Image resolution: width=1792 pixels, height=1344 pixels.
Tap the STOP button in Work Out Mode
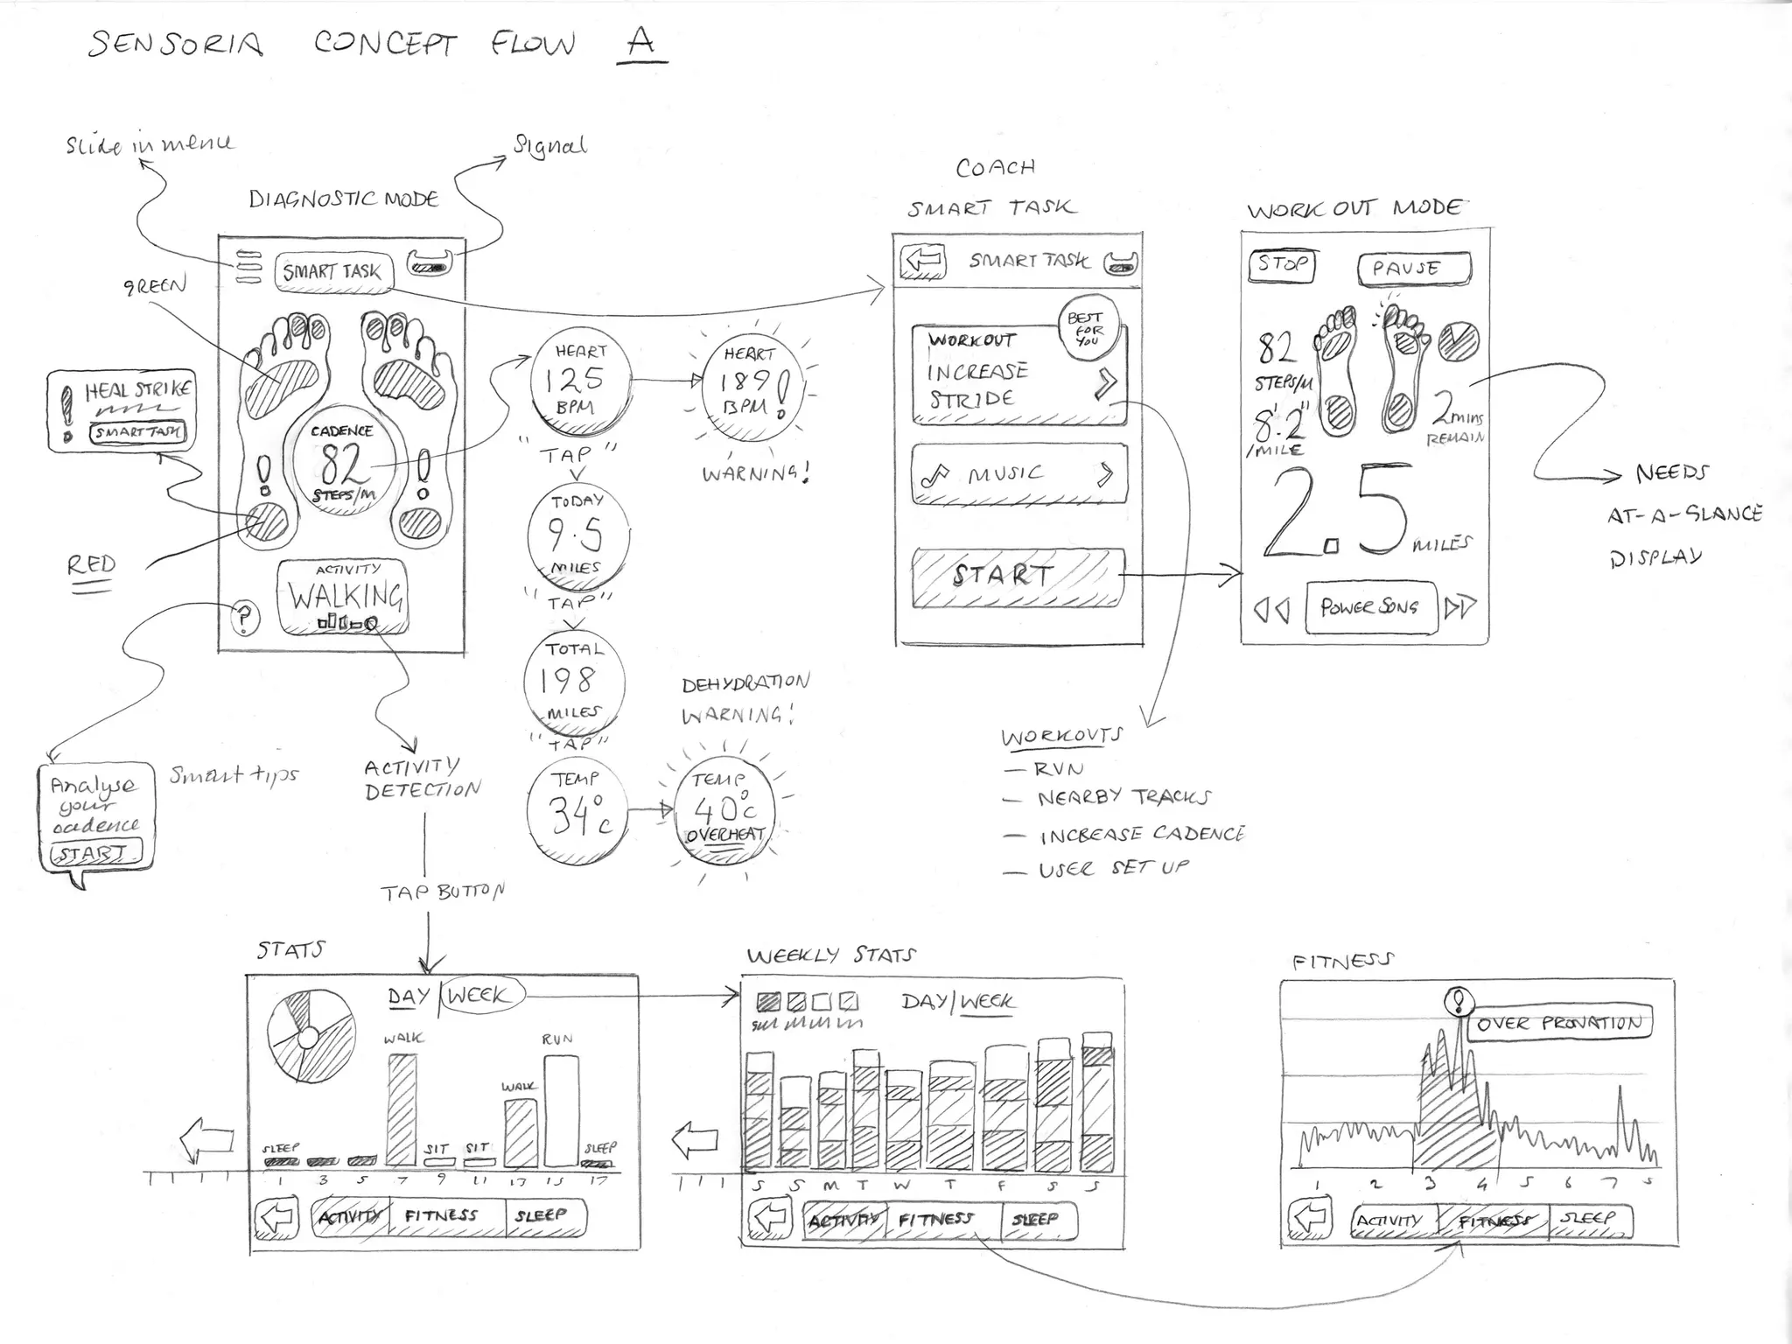pyautogui.click(x=1283, y=264)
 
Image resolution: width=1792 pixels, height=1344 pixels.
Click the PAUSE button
pyautogui.click(x=1413, y=269)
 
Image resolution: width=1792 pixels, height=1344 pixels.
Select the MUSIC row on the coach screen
pyautogui.click(x=1018, y=474)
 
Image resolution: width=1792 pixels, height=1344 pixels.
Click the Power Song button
pyautogui.click(x=1370, y=606)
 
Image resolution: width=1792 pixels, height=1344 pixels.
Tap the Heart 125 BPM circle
pyautogui.click(x=579, y=380)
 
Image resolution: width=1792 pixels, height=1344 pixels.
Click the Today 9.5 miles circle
pyautogui.click(x=577, y=535)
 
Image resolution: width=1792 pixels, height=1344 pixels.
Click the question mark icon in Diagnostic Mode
pyautogui.click(x=245, y=618)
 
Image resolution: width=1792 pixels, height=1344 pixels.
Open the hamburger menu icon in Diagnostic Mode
pyautogui.click(x=248, y=267)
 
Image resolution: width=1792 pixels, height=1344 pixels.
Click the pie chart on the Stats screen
pyautogui.click(x=310, y=1036)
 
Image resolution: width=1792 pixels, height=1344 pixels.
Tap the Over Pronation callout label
pyautogui.click(x=1559, y=1023)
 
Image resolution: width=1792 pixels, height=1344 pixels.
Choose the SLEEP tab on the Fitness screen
pyautogui.click(x=1588, y=1219)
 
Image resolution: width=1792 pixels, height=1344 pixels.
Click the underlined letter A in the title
pyautogui.click(x=641, y=41)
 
